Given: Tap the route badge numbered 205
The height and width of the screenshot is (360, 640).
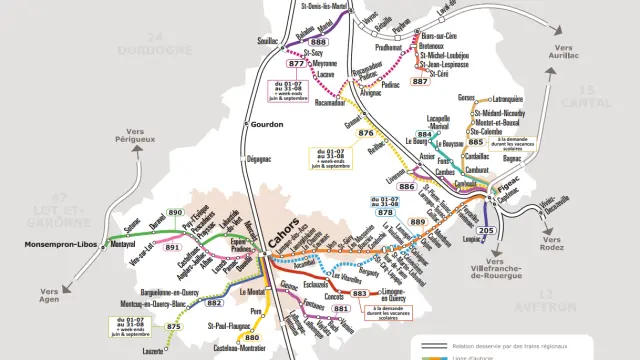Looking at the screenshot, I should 486,231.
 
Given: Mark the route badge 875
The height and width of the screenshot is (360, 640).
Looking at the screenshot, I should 174,326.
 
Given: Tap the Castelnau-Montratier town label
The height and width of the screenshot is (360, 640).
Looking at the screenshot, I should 243,349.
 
